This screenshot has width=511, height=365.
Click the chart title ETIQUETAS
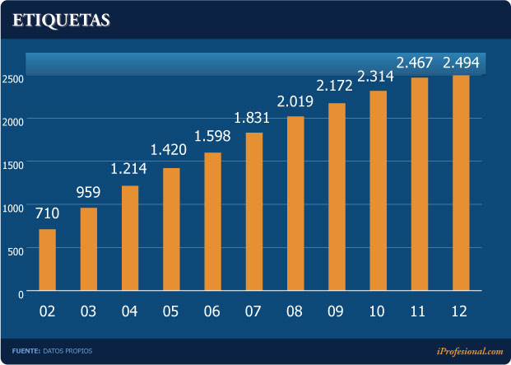click(62, 21)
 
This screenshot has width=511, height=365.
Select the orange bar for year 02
click(48, 260)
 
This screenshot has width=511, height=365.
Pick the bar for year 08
click(295, 204)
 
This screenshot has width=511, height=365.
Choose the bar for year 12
click(461, 183)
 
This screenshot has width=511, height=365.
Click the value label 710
click(48, 215)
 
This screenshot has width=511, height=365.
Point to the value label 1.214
click(130, 171)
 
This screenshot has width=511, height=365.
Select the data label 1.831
click(253, 118)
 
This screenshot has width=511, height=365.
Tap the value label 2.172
click(337, 87)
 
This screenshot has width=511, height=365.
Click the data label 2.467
click(419, 63)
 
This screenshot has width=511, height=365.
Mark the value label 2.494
click(461, 63)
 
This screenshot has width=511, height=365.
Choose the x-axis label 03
click(88, 312)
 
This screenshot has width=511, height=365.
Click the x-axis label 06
click(212, 312)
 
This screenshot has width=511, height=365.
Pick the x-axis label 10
click(378, 312)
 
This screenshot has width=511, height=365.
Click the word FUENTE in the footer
click(26, 351)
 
